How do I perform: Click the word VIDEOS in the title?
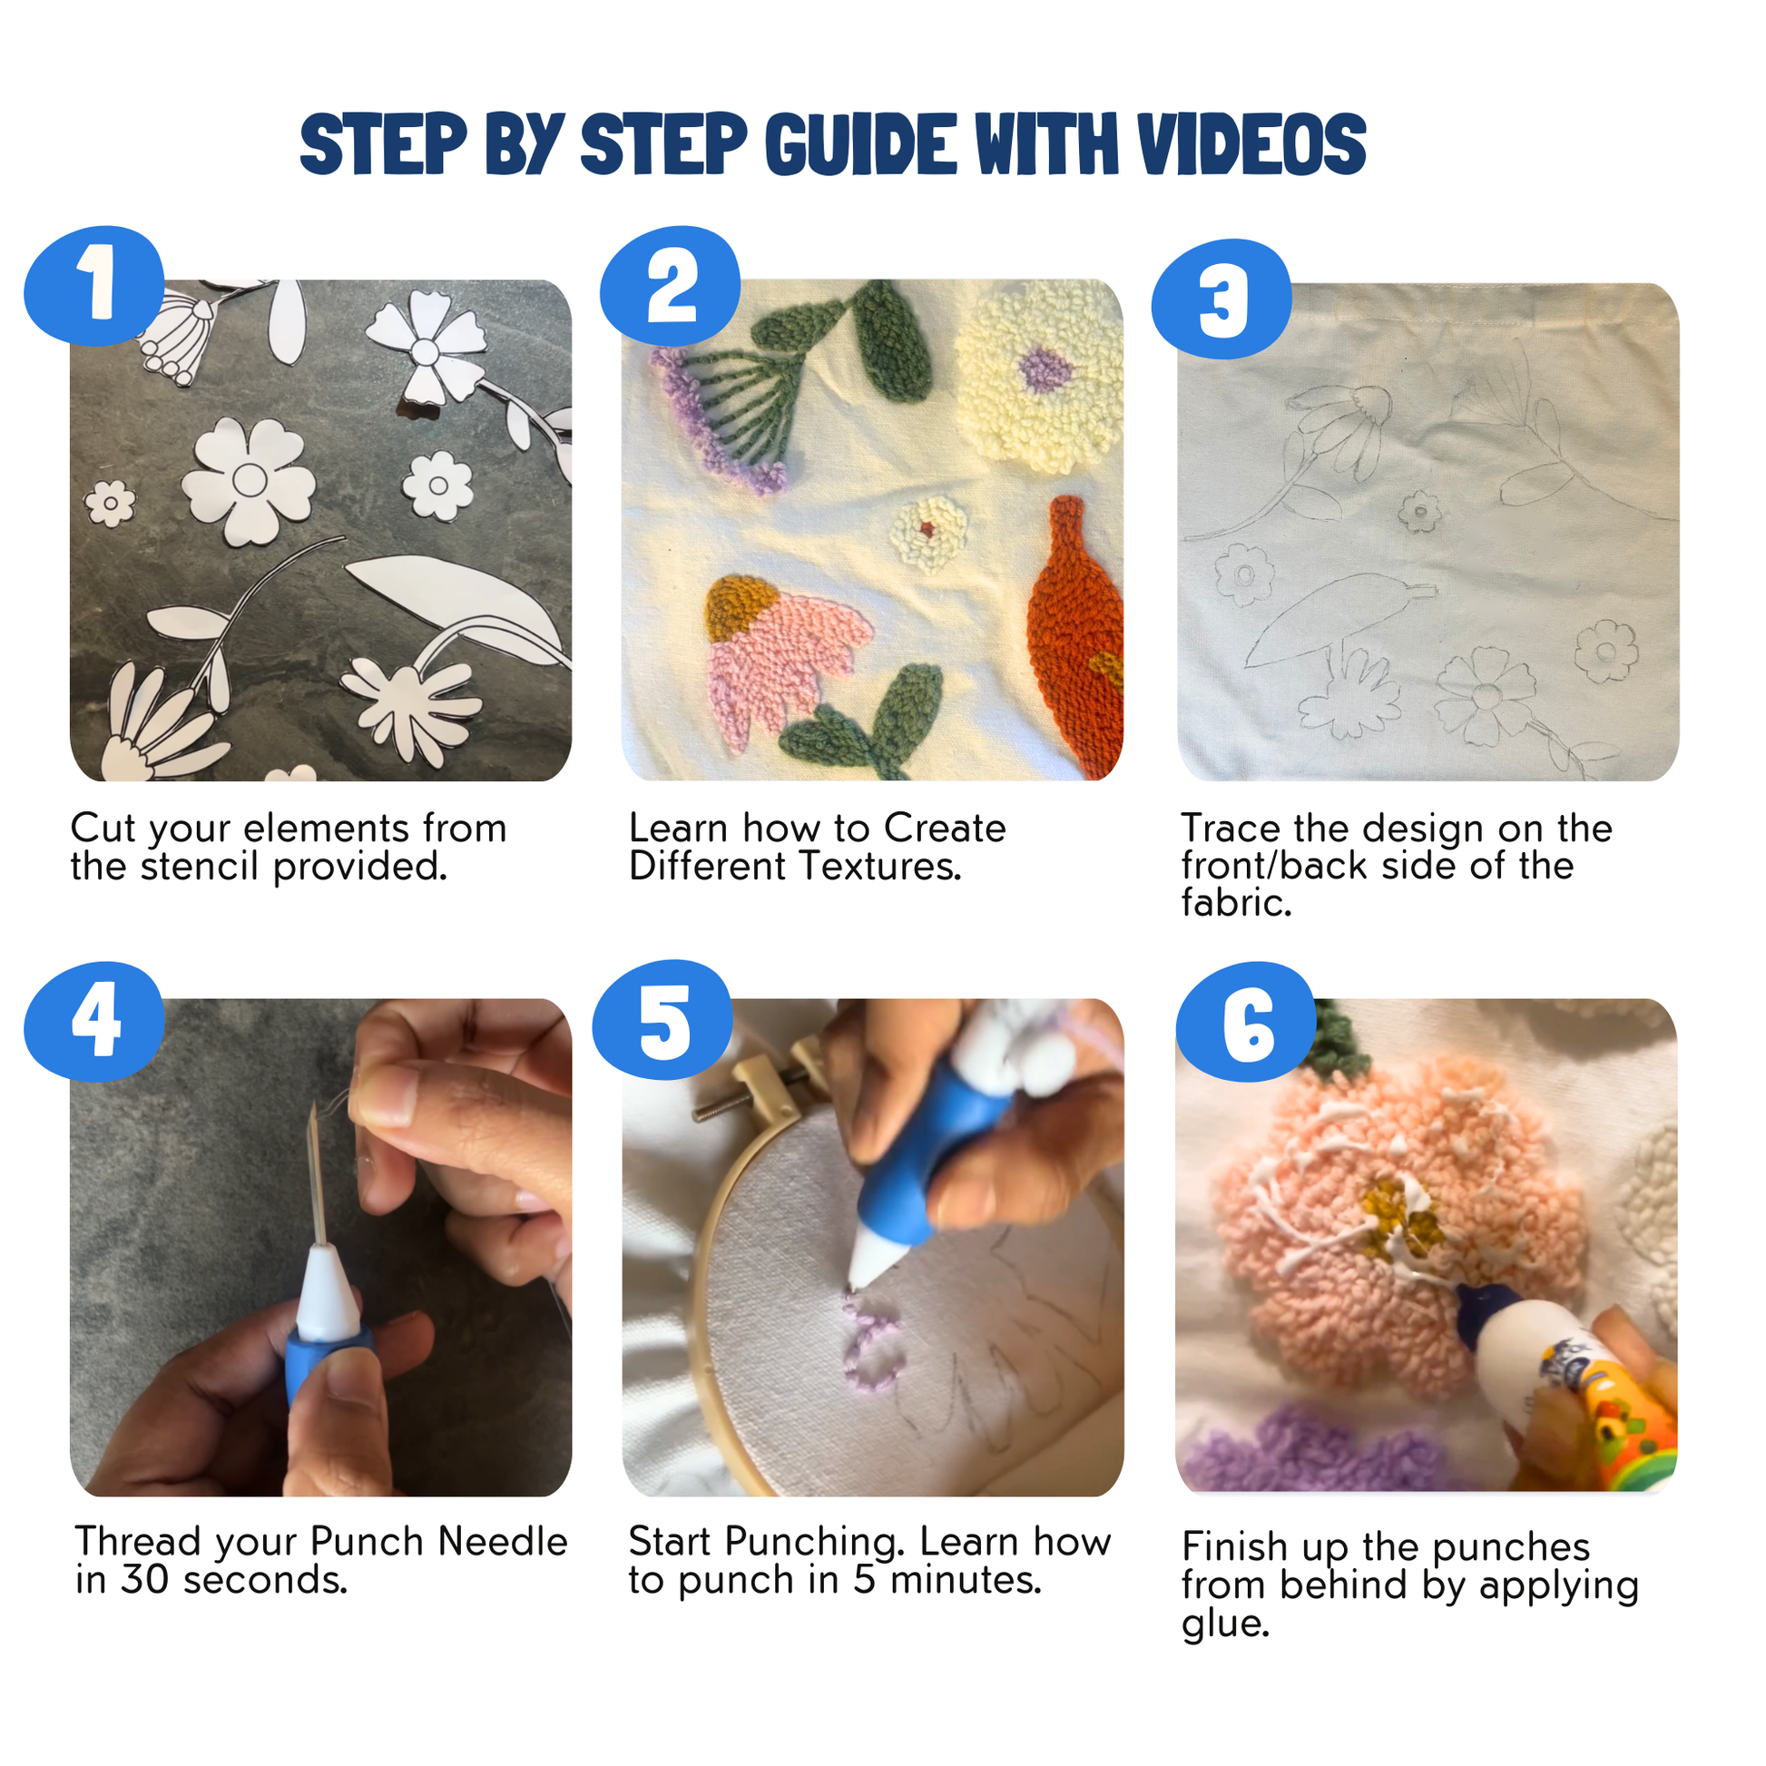coord(1251,144)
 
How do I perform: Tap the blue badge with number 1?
coord(94,285)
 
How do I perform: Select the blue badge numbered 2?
coord(670,285)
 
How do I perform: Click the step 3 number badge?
coord(1221,299)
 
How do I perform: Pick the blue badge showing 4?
coord(94,1021)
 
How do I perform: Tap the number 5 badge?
coord(662,1020)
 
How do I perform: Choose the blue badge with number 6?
coord(1246,1021)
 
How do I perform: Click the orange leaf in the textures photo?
coord(1076,635)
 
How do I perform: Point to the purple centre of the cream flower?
coord(1045,369)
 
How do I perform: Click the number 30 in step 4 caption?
coord(145,1580)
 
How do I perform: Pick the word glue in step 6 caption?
coord(1226,1624)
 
